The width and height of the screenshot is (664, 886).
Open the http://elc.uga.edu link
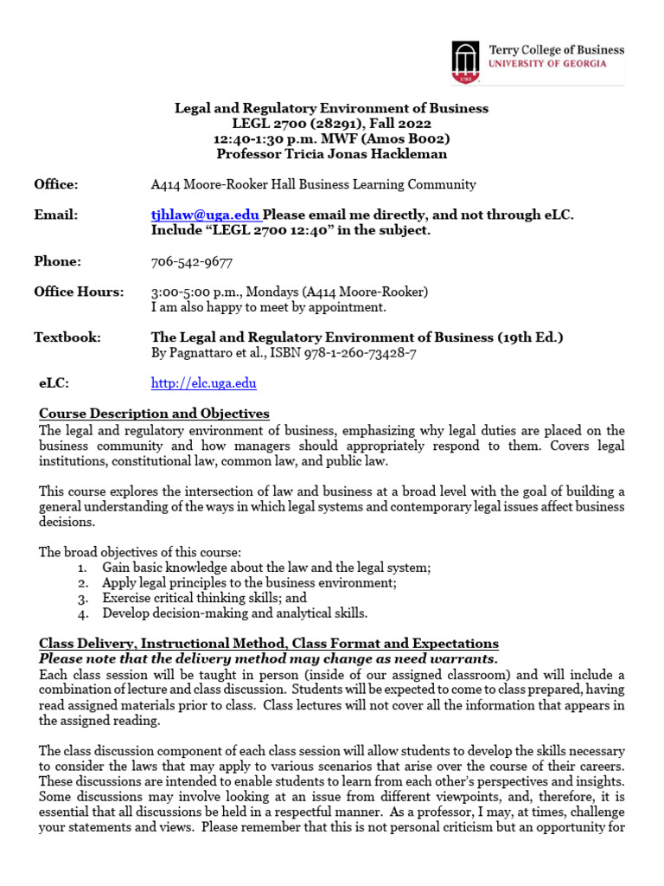pos(203,382)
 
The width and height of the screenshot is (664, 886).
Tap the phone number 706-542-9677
pos(191,261)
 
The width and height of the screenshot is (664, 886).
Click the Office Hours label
pos(79,292)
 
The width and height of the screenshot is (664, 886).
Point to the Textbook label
pos(67,337)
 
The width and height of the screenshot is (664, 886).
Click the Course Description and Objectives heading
pos(155,414)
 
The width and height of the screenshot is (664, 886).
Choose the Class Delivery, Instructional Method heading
pos(269,644)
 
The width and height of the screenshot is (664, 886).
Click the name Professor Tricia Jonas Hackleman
pos(332,153)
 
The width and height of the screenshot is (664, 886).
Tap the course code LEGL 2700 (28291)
pos(286,124)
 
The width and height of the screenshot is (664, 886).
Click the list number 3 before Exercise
pos(81,598)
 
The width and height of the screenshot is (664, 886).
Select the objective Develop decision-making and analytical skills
pos(234,613)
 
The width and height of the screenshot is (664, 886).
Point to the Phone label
pos(57,261)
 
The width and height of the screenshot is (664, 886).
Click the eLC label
pos(54,382)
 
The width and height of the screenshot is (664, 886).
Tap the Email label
pos(55,215)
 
